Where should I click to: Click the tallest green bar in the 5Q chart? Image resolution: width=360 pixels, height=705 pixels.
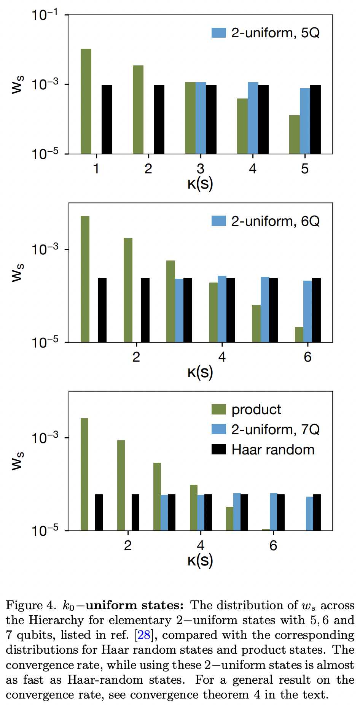tap(86, 101)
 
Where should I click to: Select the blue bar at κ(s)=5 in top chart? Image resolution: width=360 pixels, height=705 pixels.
tap(305, 121)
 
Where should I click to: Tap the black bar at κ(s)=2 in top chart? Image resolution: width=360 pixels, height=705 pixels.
tap(159, 119)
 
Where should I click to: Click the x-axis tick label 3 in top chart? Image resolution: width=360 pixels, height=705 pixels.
tap(201, 168)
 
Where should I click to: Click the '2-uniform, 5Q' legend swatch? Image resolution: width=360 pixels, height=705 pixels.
tap(219, 33)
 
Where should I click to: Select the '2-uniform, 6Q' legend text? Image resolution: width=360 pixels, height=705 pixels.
tap(275, 221)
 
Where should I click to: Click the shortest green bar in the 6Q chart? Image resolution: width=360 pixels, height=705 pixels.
tap(299, 335)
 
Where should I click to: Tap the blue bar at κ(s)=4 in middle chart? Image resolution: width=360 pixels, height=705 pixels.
tap(222, 309)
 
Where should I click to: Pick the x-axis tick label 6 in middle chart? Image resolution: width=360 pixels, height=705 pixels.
tap(307, 357)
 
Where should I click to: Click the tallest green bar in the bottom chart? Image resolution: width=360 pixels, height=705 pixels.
tap(84, 474)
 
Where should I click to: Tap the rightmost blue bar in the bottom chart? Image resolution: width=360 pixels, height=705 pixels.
tap(310, 513)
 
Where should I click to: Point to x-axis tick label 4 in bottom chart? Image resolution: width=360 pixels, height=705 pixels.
tap(201, 546)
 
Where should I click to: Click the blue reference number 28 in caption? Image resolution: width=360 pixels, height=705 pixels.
tap(144, 635)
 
